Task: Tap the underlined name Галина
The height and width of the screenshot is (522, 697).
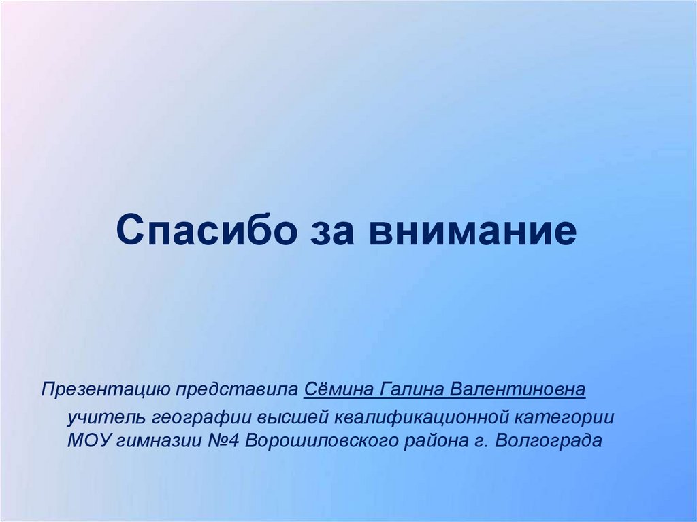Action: click(409, 390)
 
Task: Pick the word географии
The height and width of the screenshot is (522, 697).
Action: click(199, 416)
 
